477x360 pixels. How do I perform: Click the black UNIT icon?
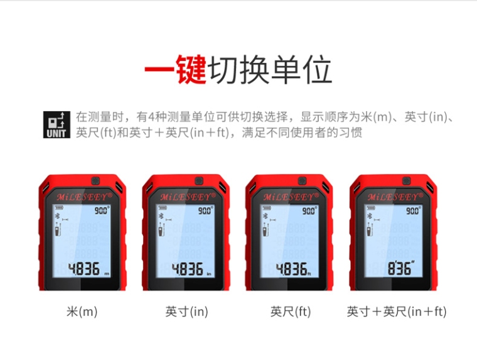click(x=56, y=124)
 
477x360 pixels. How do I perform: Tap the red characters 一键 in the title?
click(x=176, y=70)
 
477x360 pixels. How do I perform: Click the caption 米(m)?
click(x=82, y=312)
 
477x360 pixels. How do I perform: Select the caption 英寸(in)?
click(x=187, y=312)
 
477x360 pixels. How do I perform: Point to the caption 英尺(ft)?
click(x=291, y=312)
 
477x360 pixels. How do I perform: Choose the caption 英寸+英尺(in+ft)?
click(x=397, y=312)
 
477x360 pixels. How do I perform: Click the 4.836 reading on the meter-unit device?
click(x=83, y=269)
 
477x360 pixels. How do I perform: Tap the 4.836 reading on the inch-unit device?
click(x=188, y=269)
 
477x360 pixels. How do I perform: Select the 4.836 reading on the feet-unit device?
click(x=291, y=269)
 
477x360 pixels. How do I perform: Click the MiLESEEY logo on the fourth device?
click(x=395, y=197)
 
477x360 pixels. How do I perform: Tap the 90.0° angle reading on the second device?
click(x=206, y=210)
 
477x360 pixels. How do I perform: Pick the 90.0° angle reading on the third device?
click(x=309, y=210)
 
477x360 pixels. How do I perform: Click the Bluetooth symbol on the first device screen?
click(x=57, y=216)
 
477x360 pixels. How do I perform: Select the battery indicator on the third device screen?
click(x=267, y=208)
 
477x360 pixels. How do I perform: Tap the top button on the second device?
click(x=199, y=181)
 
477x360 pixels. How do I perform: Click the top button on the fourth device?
click(x=407, y=181)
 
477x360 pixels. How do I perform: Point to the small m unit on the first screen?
click(x=107, y=274)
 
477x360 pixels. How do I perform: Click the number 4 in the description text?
click(x=151, y=117)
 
